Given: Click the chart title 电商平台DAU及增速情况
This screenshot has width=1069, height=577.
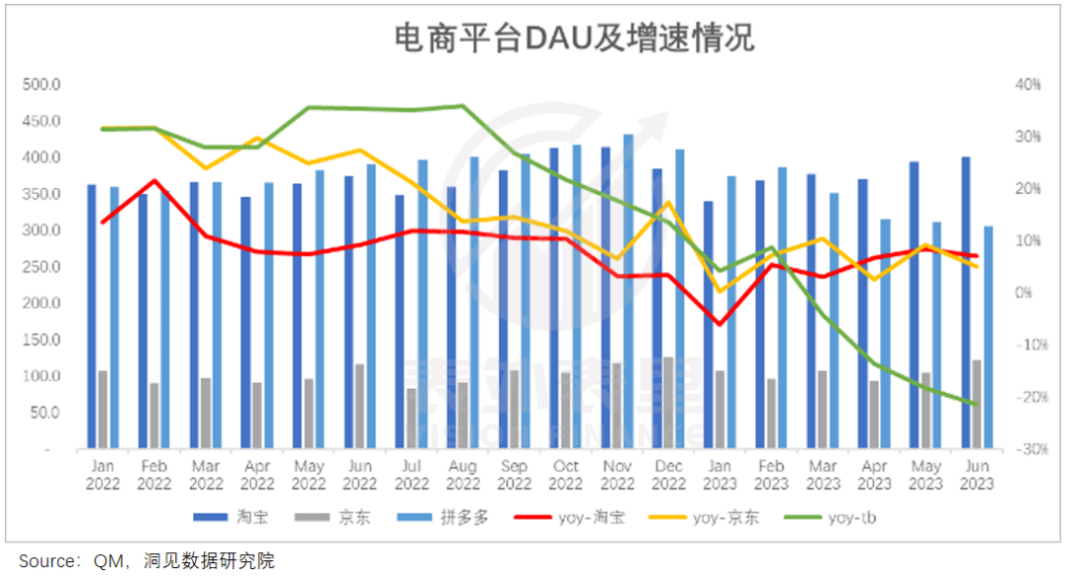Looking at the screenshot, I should coord(575,39).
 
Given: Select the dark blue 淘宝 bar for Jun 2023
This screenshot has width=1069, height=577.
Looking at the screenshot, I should coord(966,303).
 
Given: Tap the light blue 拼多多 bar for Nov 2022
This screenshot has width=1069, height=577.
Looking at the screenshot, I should coord(629,292).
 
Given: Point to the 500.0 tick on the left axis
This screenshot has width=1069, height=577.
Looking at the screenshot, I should coord(41,85).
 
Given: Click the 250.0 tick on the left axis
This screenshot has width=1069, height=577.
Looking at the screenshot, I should coord(41,267).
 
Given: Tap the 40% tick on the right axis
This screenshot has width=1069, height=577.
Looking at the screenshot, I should coord(1028,85).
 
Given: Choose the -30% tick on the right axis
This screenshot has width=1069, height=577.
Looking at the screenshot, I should coord(1027,449).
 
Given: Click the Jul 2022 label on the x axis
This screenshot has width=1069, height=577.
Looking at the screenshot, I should coord(412,474).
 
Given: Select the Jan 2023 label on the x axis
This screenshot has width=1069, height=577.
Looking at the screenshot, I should coord(721,474).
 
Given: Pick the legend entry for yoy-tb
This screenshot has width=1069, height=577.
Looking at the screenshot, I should coord(830,518).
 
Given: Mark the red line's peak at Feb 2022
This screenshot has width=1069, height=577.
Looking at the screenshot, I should coord(154,180).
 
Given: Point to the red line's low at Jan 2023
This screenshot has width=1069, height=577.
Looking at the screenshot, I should coord(720,324).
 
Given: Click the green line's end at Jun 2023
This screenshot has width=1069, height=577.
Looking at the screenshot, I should coord(977,404).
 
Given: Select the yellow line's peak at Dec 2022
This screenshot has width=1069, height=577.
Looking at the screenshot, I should coord(669,203).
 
